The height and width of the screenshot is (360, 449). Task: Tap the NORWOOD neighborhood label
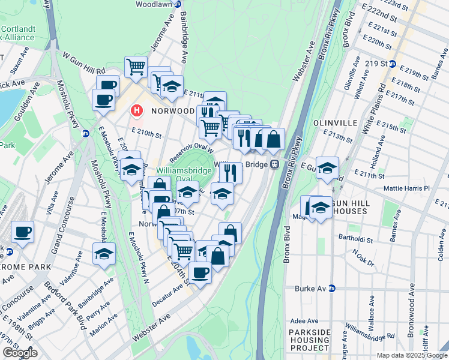coord(173,111)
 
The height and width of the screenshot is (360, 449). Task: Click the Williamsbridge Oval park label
coord(176,175)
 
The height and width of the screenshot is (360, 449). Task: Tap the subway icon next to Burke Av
coord(331,289)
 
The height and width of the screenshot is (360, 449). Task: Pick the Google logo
coord(20,353)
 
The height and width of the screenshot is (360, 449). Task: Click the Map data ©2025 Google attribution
coord(412,355)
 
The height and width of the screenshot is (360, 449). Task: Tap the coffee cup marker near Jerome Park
coord(23,232)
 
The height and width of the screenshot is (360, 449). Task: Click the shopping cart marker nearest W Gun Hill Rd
coord(136,67)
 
